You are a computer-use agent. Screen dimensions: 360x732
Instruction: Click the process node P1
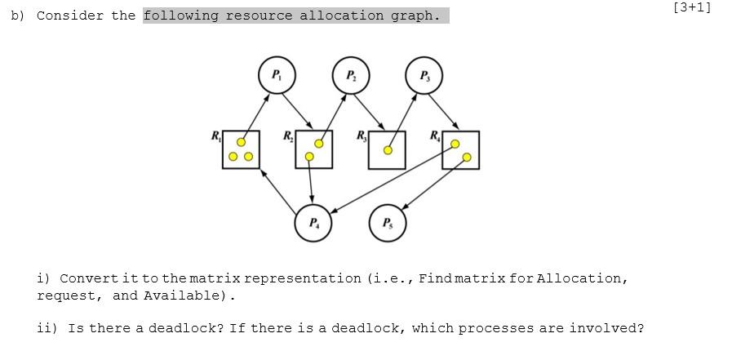pyautogui.click(x=277, y=76)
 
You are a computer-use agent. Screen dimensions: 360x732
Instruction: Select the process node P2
pyautogui.click(x=351, y=76)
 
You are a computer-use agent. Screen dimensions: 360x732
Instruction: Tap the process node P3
pyautogui.click(x=424, y=76)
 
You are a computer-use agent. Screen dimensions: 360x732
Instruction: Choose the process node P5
pyautogui.click(x=388, y=223)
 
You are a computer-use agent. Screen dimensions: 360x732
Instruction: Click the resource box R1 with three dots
pyautogui.click(x=241, y=150)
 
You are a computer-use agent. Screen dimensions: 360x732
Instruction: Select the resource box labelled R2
pyautogui.click(x=314, y=149)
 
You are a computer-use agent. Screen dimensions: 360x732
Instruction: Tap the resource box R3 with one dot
pyautogui.click(x=387, y=150)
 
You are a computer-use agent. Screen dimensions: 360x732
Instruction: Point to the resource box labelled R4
pyautogui.click(x=461, y=150)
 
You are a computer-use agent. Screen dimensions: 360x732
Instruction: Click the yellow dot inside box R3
pyautogui.click(x=388, y=150)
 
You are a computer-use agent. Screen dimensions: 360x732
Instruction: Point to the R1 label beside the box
pyautogui.click(x=215, y=136)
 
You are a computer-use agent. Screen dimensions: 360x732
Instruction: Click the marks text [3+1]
pyautogui.click(x=692, y=7)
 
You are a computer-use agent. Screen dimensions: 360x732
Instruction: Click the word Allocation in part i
pyautogui.click(x=583, y=278)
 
